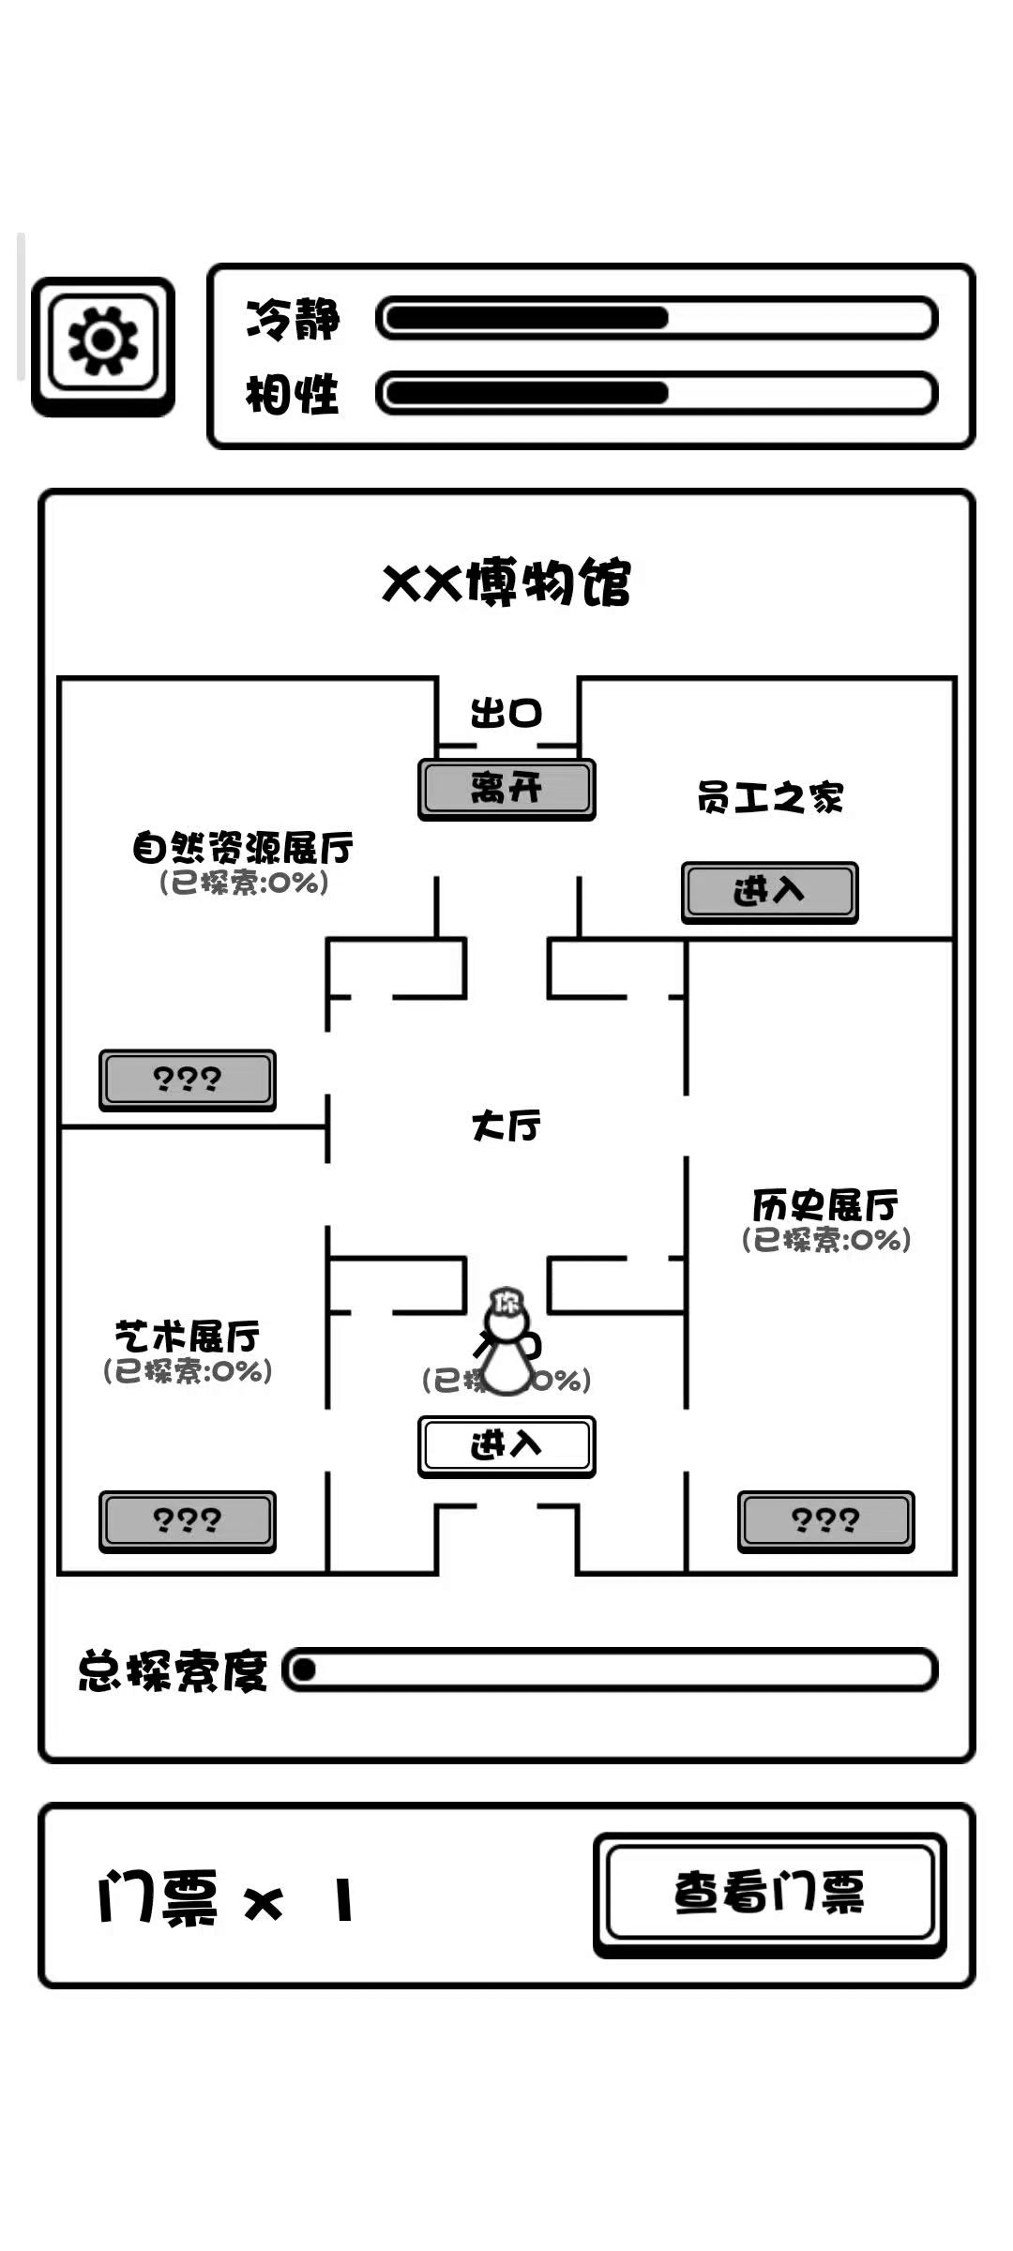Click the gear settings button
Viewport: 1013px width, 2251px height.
pyautogui.click(x=103, y=345)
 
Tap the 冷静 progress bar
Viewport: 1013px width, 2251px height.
pyautogui.click(x=656, y=318)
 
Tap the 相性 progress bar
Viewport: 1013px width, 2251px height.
pyautogui.click(x=656, y=393)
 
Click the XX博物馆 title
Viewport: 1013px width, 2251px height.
pyautogui.click(x=506, y=582)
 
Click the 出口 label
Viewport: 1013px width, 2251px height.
pyautogui.click(x=506, y=714)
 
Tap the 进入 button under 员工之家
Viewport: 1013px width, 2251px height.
pyautogui.click(x=769, y=891)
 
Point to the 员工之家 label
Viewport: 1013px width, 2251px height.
pyautogui.click(x=770, y=798)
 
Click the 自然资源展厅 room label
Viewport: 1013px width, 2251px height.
pyautogui.click(x=243, y=848)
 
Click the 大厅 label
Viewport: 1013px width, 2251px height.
pyautogui.click(x=506, y=1125)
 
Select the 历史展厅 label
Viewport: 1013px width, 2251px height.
pyautogui.click(x=825, y=1205)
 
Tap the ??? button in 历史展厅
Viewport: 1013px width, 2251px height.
pyautogui.click(x=825, y=1520)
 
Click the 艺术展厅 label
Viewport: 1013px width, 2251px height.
pyautogui.click(x=188, y=1337)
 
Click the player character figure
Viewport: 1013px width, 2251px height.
pyautogui.click(x=506, y=1343)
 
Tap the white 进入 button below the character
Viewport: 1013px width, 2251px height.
pyautogui.click(x=506, y=1445)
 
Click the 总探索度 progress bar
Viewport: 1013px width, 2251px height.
pyautogui.click(x=610, y=1670)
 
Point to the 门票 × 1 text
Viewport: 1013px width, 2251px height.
pyautogui.click(x=226, y=1899)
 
